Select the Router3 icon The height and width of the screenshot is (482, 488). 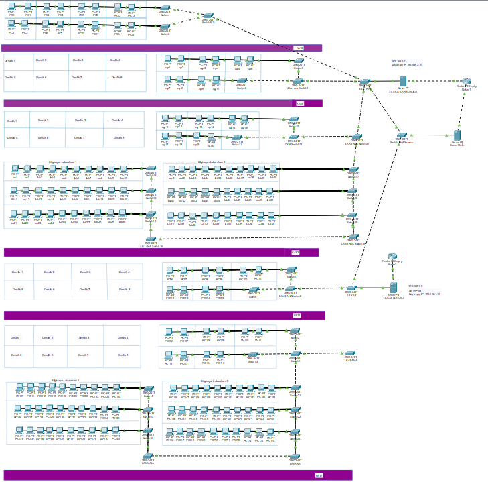click(x=393, y=258)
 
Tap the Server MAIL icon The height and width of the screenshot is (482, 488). click(x=458, y=135)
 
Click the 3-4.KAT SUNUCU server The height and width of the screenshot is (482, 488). click(x=403, y=81)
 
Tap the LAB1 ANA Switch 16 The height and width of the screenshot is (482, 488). click(x=151, y=239)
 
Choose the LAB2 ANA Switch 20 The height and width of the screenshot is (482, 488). click(x=352, y=237)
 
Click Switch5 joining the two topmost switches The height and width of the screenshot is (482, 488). click(x=208, y=16)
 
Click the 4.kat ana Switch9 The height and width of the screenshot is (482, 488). click(x=299, y=81)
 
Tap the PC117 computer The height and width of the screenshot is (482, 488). click(x=20, y=389)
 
